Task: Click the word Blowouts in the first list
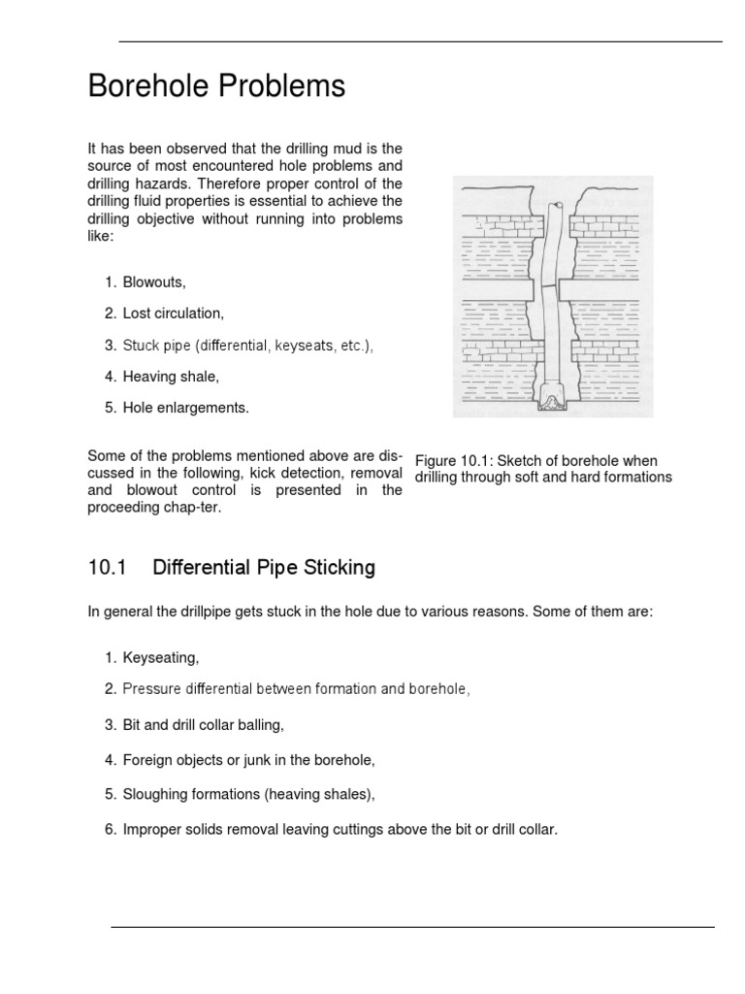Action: pos(152,282)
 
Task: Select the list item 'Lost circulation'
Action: pos(173,314)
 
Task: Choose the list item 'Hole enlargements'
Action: pos(185,408)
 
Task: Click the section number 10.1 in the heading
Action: pos(107,568)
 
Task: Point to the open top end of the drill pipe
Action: pos(557,207)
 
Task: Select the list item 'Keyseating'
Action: pos(160,658)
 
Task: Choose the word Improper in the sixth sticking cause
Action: pos(153,829)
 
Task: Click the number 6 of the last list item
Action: pos(110,829)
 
